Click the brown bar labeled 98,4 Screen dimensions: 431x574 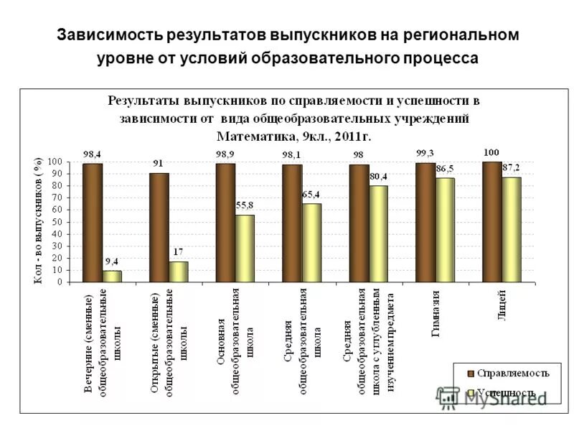tap(93, 223)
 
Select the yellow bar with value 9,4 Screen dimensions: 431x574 tap(112, 276)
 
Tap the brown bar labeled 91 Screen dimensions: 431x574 tap(159, 227)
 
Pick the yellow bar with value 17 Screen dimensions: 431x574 tap(179, 272)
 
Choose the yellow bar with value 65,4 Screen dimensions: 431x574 tap(311, 243)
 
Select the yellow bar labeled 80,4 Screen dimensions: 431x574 tap(378, 233)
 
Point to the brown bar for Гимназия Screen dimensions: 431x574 tap(425, 222)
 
